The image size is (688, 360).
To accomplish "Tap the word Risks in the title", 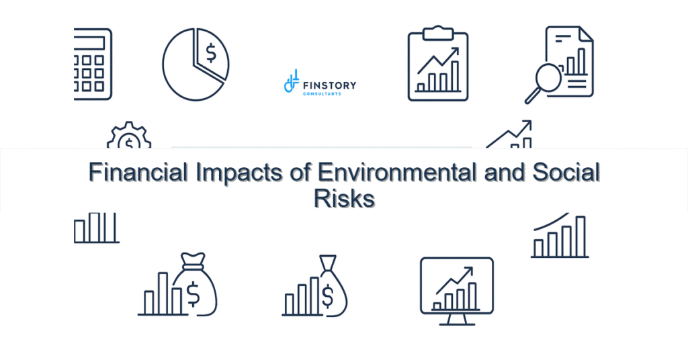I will [x=344, y=199].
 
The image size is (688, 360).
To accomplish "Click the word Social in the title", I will [x=566, y=173].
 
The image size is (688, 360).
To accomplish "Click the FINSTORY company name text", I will [x=330, y=85].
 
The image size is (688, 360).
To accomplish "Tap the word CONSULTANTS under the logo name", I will [x=322, y=93].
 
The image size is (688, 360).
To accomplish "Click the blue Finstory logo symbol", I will [x=291, y=82].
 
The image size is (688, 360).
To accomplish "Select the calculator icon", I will [x=93, y=64].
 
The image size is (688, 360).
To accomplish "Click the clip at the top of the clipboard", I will [x=438, y=32].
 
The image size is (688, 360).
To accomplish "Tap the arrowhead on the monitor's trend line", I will [x=468, y=271].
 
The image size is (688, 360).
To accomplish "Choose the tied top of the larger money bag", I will [x=192, y=259].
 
